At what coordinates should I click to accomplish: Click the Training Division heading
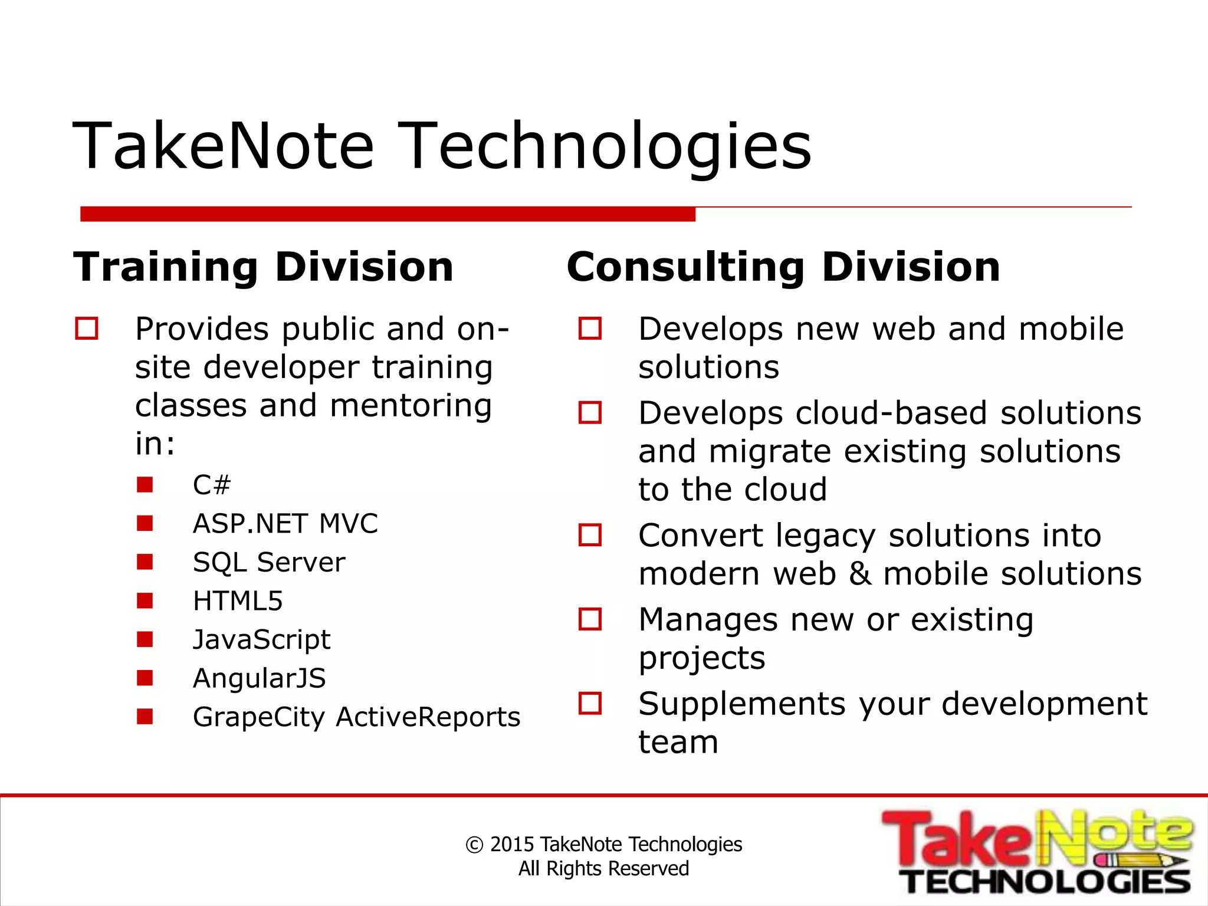(x=263, y=267)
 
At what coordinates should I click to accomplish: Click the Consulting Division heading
(x=783, y=267)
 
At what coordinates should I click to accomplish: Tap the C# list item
(x=211, y=485)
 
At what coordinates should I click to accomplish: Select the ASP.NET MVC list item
(x=285, y=524)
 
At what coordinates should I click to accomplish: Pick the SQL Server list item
(x=269, y=562)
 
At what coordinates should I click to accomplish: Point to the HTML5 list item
(x=238, y=601)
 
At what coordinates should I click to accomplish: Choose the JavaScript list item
(x=261, y=639)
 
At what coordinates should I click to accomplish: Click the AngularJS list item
(x=259, y=678)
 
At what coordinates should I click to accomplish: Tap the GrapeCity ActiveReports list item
(x=356, y=717)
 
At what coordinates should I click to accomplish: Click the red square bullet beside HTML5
(x=145, y=600)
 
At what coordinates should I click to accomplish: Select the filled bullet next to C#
(x=145, y=485)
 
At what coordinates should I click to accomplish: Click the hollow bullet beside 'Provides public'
(x=87, y=329)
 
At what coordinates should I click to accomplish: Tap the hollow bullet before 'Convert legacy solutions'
(x=590, y=535)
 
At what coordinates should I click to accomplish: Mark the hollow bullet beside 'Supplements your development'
(x=590, y=703)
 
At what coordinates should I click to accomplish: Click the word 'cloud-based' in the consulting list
(x=891, y=413)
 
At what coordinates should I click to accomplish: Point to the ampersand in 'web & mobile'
(x=859, y=574)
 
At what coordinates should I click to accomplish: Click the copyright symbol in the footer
(x=474, y=845)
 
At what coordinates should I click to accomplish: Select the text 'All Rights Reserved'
(x=603, y=869)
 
